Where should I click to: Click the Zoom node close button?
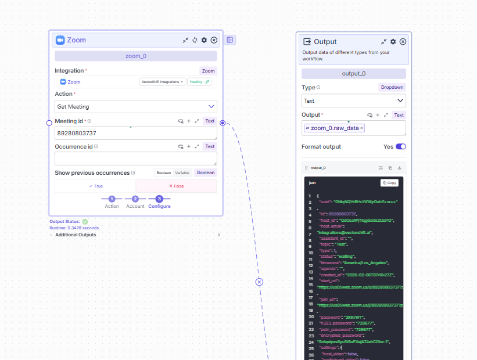214,40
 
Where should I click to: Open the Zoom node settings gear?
204,40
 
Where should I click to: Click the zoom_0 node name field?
136,56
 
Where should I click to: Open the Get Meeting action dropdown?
136,107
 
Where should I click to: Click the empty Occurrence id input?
136,159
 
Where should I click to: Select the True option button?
95,186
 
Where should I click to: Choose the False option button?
176,186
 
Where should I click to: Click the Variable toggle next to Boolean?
182,172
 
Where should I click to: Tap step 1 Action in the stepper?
112,199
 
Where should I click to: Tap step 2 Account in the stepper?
135,199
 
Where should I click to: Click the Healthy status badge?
199,82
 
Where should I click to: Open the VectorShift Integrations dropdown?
163,82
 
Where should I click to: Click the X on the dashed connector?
260,282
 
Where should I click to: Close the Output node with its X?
403,42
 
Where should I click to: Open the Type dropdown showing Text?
353,100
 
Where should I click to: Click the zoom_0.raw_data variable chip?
334,128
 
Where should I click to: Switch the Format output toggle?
400,147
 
